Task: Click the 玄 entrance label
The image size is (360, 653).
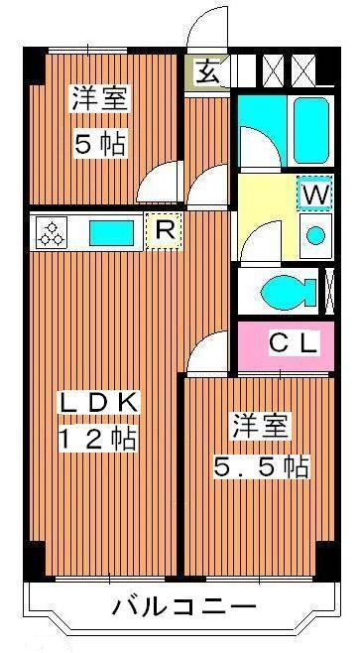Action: point(207,72)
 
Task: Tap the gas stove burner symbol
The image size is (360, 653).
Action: point(52,233)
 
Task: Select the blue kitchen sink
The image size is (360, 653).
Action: point(111,233)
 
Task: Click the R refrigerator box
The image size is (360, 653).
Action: point(165,231)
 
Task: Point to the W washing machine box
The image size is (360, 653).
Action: point(314,194)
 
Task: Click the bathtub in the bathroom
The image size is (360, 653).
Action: point(310,130)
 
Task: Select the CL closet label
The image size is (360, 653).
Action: point(295,343)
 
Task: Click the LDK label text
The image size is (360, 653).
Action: point(98,402)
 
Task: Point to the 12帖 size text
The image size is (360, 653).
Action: point(98,439)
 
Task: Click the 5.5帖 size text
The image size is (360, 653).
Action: point(262,466)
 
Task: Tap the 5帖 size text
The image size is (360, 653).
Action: point(100,144)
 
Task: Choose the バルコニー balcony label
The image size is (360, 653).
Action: point(183,608)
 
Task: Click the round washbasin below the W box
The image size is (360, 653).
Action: point(315,235)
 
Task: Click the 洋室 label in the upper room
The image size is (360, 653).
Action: point(100,98)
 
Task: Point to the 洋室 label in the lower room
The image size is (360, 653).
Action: point(261,426)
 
